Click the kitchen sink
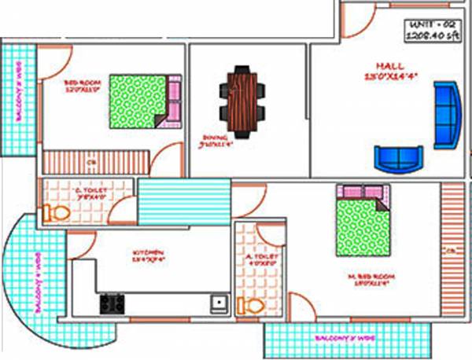coord(217,301)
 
